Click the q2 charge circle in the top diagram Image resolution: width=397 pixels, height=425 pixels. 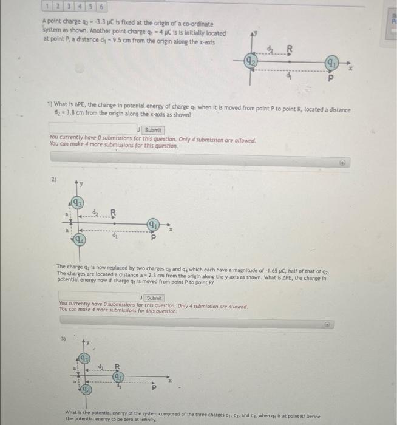pos(250,61)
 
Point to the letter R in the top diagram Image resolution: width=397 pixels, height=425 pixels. pos(289,49)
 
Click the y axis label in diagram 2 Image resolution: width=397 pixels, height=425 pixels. pos(83,183)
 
